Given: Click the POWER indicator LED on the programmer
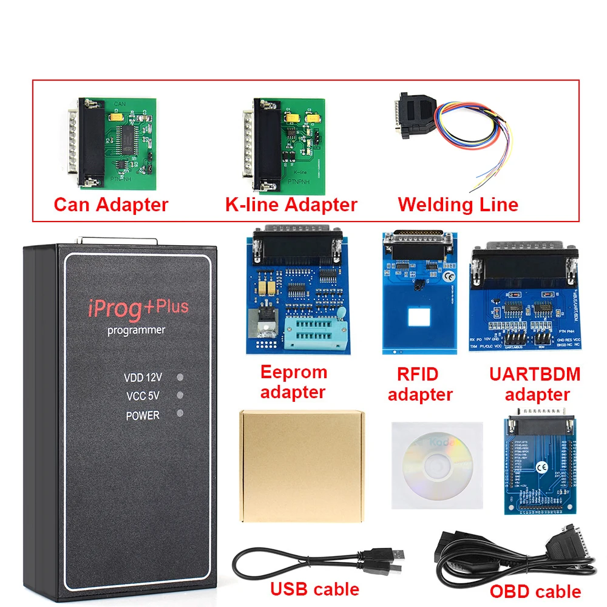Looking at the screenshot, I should (180, 413).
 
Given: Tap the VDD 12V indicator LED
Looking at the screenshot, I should (180, 377).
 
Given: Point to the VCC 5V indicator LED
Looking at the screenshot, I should (180, 395).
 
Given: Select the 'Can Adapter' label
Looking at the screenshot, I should (110, 205).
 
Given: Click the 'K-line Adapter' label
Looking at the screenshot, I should (291, 205).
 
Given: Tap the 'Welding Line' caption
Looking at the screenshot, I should (458, 205).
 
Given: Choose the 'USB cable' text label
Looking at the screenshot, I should (314, 588).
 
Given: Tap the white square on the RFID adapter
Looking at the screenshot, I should (419, 317).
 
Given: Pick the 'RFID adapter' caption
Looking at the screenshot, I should (420, 384).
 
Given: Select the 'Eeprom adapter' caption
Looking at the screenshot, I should (294, 382).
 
